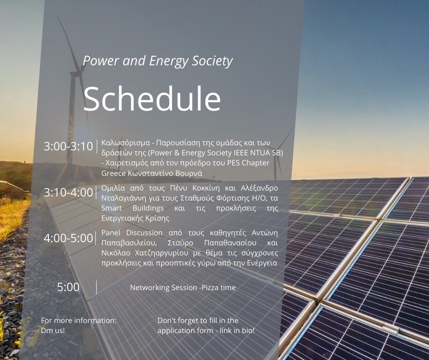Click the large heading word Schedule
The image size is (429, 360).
click(152, 99)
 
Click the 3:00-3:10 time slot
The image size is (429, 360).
click(68, 146)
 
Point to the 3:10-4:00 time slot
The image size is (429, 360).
click(68, 192)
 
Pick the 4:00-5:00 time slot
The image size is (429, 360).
click(68, 238)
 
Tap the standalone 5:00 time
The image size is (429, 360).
click(68, 287)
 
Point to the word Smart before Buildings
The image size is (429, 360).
click(112, 208)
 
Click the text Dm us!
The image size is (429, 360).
click(53, 330)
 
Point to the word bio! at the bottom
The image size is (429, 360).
click(248, 330)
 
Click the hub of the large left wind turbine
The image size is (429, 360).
click(78, 73)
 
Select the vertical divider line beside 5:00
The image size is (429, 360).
click(97, 287)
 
